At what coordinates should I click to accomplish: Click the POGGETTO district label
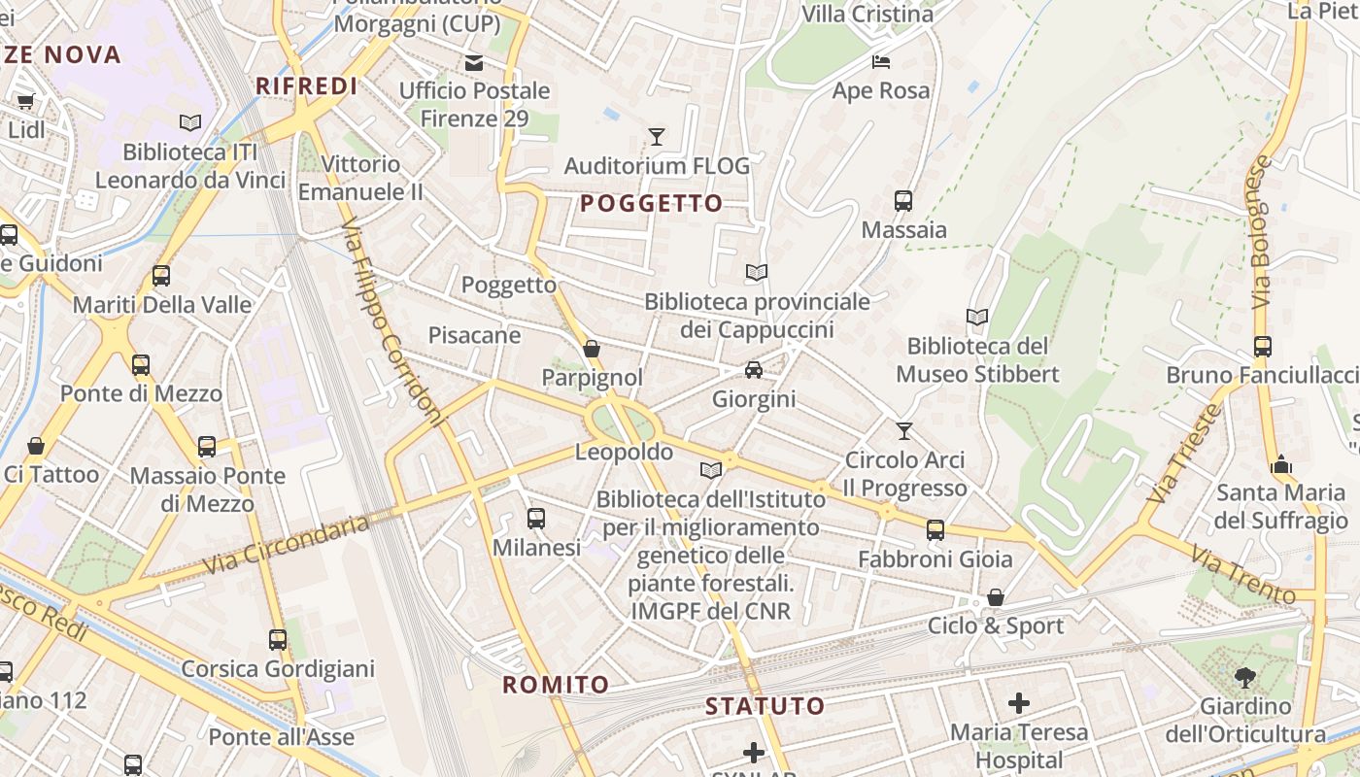(x=652, y=203)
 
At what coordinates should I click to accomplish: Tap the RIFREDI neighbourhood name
(x=307, y=85)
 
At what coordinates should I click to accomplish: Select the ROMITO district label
(x=556, y=685)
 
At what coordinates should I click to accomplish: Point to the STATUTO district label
(x=765, y=706)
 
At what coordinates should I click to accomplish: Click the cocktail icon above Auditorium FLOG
(x=657, y=137)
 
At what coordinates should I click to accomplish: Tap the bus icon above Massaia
(x=903, y=201)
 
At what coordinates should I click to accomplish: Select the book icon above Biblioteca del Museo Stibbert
(x=977, y=317)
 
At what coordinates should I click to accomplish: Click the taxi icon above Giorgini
(x=754, y=370)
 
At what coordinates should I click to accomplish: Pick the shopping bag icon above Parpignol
(x=592, y=349)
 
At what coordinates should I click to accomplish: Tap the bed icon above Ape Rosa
(x=881, y=62)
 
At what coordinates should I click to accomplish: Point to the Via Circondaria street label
(x=286, y=546)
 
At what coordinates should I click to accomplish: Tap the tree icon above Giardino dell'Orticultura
(x=1245, y=677)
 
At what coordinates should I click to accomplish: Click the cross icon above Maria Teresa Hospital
(x=1019, y=702)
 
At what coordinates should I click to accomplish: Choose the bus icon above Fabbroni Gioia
(x=935, y=530)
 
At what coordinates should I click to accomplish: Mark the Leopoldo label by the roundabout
(x=624, y=452)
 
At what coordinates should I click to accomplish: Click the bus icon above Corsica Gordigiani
(x=278, y=640)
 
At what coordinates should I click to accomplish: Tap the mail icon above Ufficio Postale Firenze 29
(x=474, y=63)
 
